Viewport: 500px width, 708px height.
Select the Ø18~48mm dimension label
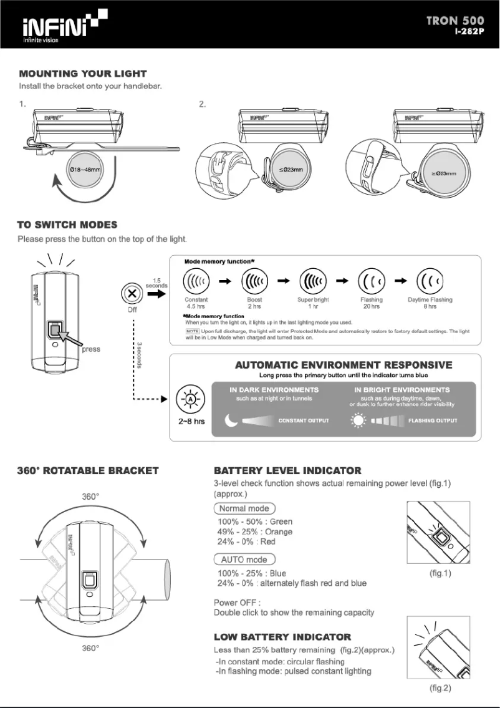click(x=85, y=170)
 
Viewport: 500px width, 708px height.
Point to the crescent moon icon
click(x=231, y=421)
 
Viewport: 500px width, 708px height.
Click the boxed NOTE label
click(x=192, y=331)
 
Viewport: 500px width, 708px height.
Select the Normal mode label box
click(x=244, y=508)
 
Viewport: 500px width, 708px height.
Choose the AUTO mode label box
click(x=244, y=560)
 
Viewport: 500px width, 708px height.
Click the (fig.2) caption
click(x=440, y=688)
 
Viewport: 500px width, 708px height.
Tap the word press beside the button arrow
click(x=91, y=349)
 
